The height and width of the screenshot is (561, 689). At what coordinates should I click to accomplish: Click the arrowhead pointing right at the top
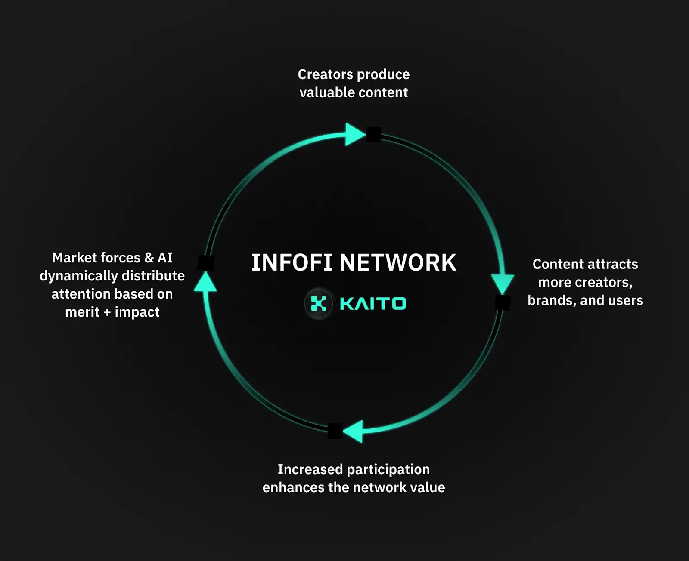tap(354, 134)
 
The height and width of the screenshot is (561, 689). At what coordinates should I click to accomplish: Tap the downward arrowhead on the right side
tap(503, 283)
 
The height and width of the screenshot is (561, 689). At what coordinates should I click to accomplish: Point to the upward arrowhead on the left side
tap(205, 282)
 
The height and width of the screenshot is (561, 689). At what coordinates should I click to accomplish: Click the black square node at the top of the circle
tap(373, 135)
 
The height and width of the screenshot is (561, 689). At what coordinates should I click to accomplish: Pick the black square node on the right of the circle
tap(503, 302)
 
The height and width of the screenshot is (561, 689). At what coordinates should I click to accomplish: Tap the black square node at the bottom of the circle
tap(335, 431)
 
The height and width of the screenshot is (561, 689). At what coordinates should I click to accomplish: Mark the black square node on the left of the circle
tap(206, 263)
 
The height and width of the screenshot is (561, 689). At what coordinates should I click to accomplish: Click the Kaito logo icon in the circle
tap(319, 303)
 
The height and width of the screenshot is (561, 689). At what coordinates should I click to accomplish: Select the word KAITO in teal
tap(373, 304)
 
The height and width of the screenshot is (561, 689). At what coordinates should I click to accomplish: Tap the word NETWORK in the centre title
tap(398, 262)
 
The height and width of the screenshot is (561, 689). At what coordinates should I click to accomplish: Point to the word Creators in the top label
tap(325, 74)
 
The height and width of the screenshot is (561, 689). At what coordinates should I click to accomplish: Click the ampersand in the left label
tap(149, 258)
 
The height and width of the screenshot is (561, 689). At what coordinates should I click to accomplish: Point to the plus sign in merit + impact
tap(107, 312)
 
